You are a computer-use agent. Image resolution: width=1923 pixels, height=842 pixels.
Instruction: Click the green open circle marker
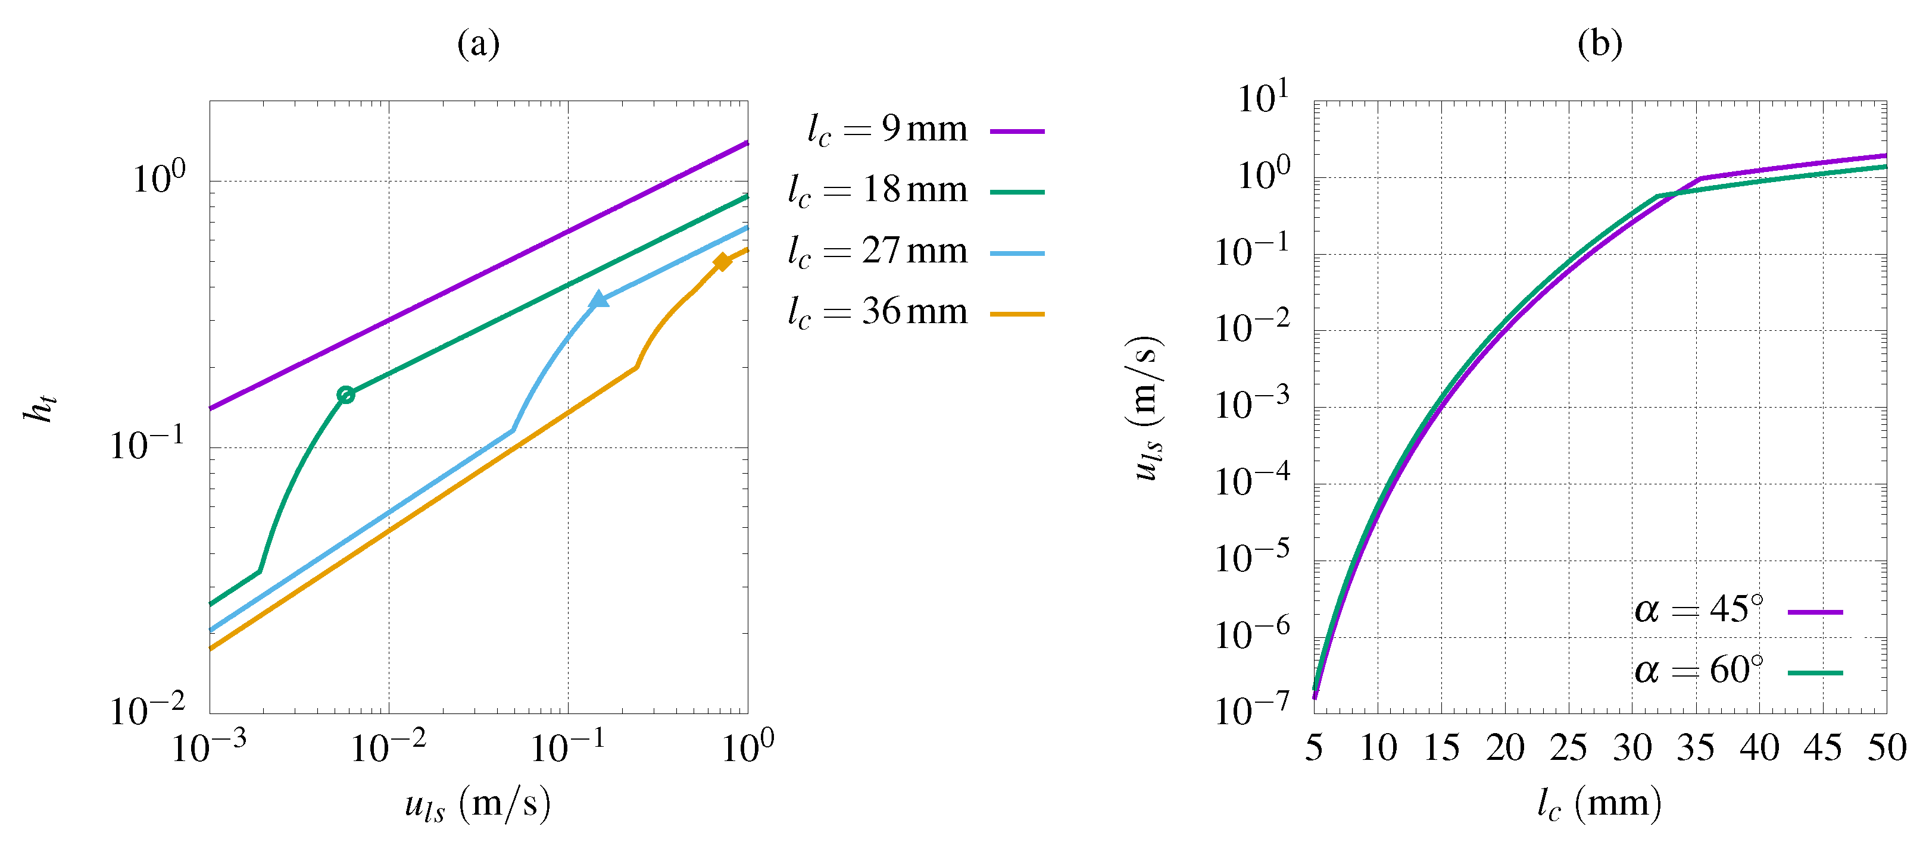[x=346, y=395]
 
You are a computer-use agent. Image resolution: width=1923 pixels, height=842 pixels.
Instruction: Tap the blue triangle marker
[x=599, y=300]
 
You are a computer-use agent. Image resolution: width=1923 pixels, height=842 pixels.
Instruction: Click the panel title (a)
[x=477, y=44]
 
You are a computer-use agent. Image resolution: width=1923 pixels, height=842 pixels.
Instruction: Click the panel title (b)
[x=1599, y=44]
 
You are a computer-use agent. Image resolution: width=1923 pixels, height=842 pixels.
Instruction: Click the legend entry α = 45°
[x=1738, y=611]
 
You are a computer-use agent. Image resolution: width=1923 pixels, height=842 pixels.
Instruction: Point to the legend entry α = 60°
[x=1738, y=672]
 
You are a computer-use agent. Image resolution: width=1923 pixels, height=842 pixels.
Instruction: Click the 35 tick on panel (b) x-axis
[x=1696, y=748]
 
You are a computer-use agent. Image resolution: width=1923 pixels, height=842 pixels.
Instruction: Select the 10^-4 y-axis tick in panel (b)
[x=1251, y=481]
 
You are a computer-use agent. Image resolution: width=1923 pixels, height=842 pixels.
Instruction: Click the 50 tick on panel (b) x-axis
[x=1887, y=748]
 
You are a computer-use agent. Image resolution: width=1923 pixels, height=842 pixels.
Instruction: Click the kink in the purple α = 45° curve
[x=1700, y=179]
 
